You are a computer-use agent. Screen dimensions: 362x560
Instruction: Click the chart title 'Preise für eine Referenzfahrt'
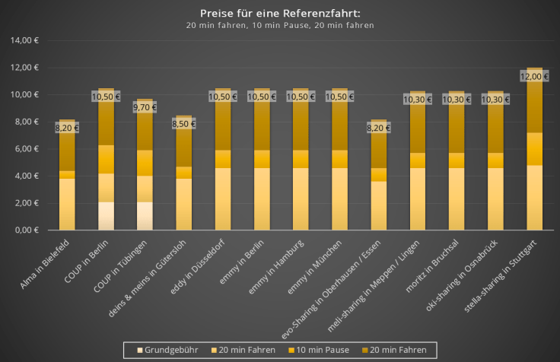click(280, 13)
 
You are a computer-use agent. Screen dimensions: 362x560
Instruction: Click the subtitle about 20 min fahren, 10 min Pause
click(280, 25)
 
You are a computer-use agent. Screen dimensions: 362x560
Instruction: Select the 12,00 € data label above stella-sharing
click(534, 76)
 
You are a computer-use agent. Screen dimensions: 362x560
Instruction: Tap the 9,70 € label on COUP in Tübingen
click(145, 108)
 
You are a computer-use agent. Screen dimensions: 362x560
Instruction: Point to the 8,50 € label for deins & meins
click(183, 124)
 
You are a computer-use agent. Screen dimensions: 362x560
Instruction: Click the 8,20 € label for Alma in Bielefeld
click(67, 128)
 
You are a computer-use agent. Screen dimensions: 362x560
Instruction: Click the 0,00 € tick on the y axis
click(27, 230)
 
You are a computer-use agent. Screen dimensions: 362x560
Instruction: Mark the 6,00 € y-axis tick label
click(27, 149)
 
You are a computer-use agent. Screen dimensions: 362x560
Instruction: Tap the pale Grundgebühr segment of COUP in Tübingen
click(145, 216)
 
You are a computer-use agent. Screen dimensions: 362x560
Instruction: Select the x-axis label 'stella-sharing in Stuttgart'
click(505, 273)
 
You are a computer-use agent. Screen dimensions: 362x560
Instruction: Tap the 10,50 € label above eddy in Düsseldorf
click(222, 97)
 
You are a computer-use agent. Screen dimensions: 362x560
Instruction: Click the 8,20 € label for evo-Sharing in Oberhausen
click(378, 128)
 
